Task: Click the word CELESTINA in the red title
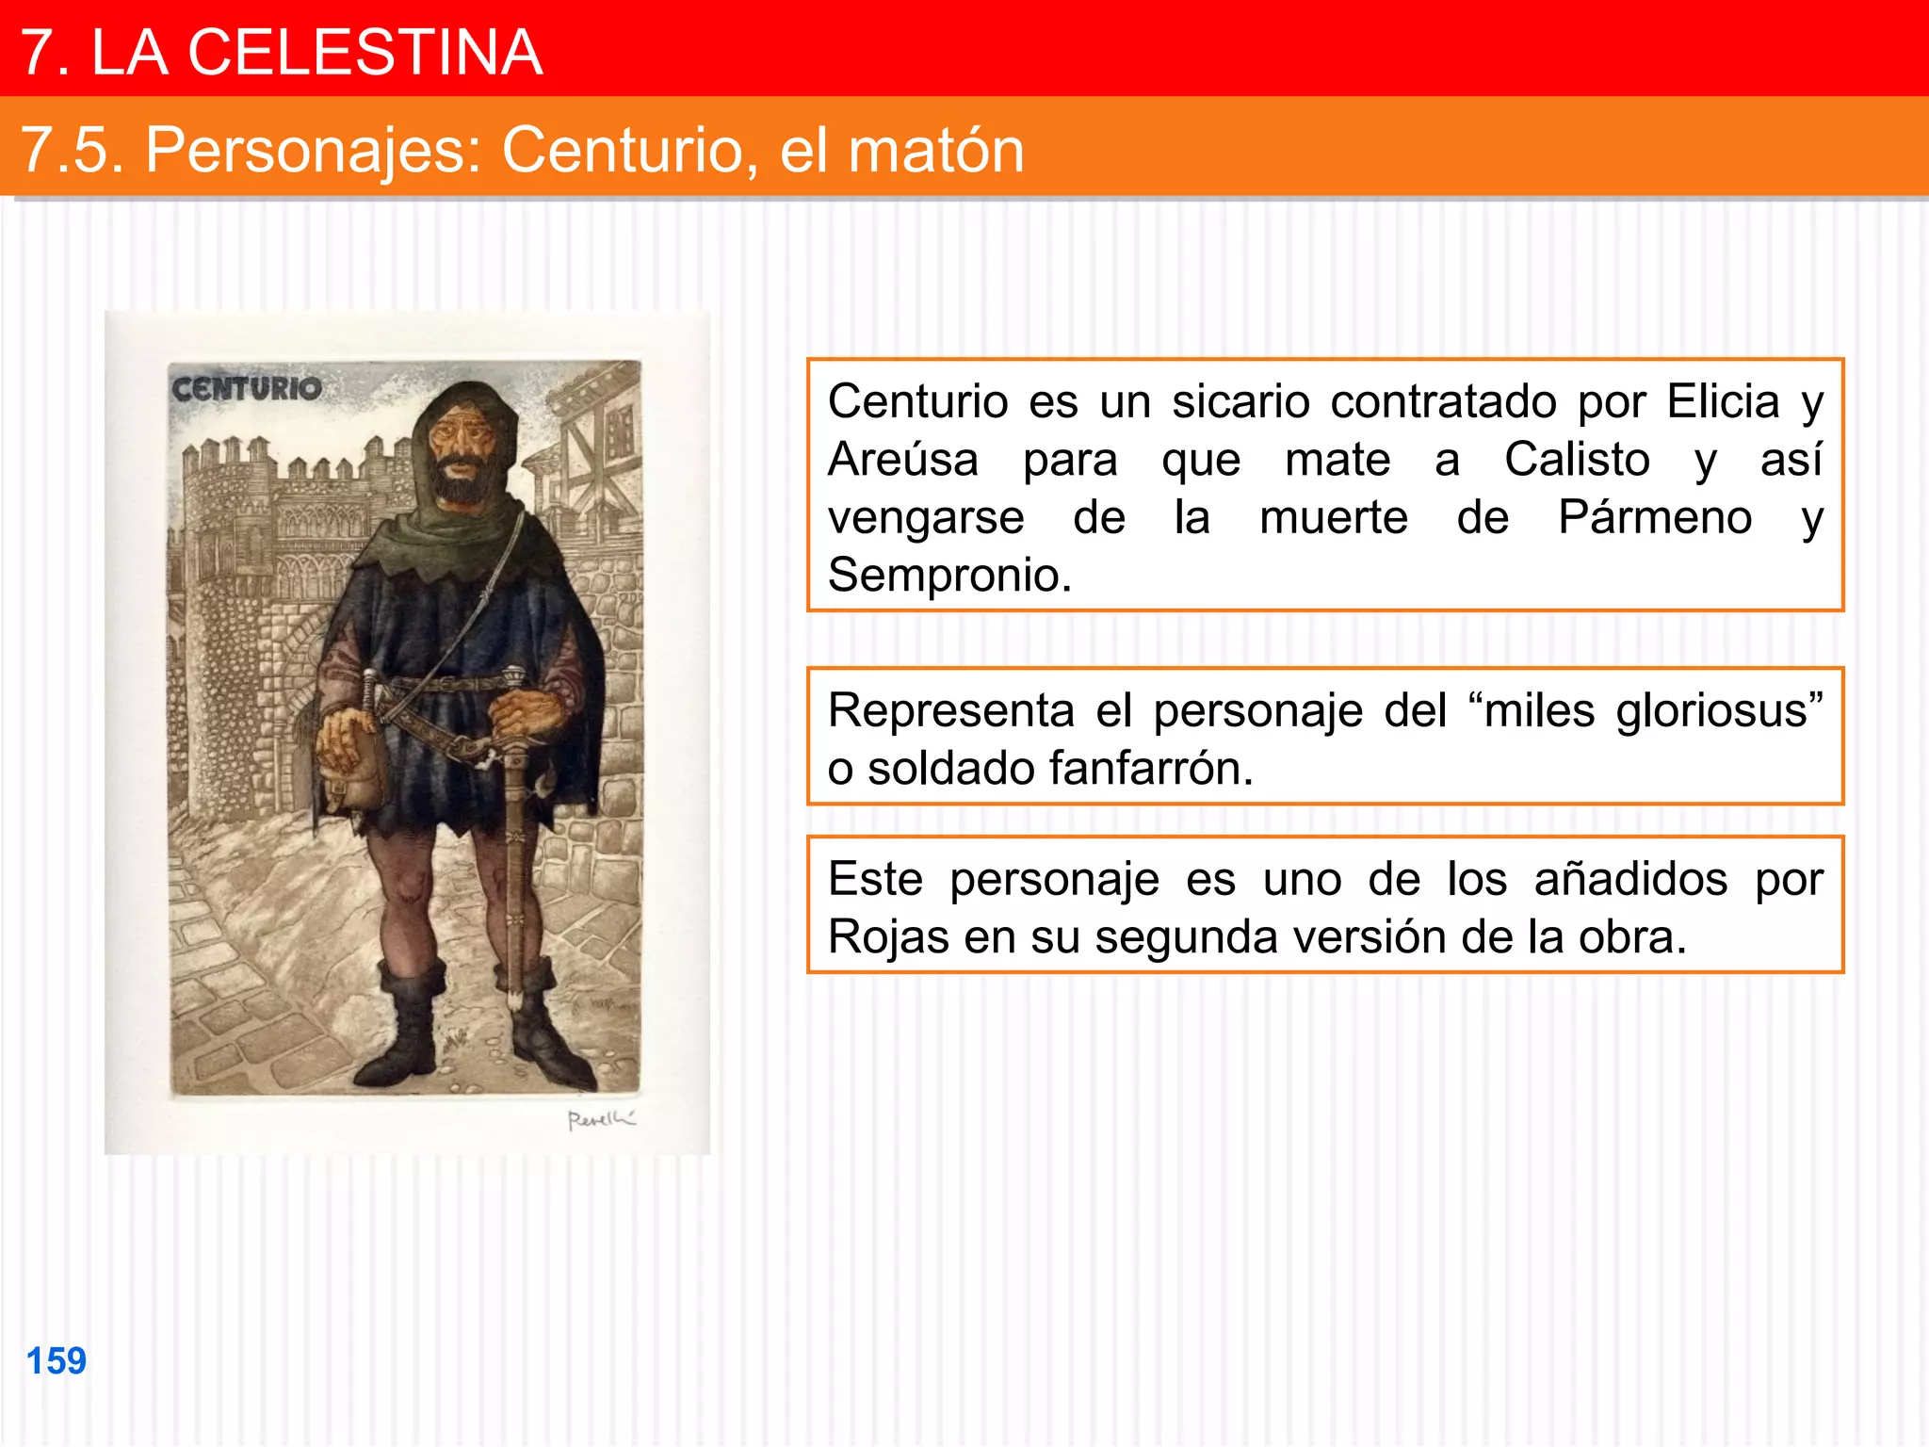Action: point(365,52)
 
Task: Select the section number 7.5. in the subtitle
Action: point(73,150)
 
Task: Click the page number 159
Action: point(57,1361)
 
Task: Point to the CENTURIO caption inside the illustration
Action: point(247,388)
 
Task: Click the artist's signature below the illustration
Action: point(601,1119)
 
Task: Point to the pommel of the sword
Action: point(514,676)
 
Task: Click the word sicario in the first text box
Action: point(1240,402)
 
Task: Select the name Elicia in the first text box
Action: point(1723,402)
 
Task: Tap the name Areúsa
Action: point(903,461)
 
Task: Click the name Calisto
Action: point(1577,461)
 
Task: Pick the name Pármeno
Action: point(1654,518)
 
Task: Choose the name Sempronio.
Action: point(949,575)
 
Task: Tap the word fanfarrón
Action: point(1060,769)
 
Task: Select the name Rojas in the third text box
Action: point(888,937)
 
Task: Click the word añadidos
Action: point(1630,880)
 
